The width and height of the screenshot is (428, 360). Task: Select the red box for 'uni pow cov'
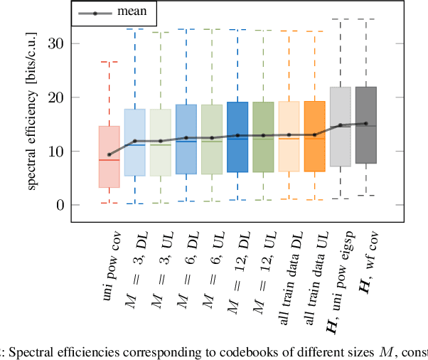click(x=109, y=157)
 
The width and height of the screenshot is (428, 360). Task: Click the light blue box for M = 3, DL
click(x=135, y=142)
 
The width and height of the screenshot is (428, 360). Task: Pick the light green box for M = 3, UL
click(x=161, y=142)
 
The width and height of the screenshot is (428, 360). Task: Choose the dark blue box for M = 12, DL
click(x=237, y=137)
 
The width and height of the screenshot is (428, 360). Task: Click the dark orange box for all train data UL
click(x=314, y=136)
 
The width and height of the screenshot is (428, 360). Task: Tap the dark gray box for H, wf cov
click(x=366, y=125)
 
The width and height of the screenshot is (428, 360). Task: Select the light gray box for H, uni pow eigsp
click(x=340, y=127)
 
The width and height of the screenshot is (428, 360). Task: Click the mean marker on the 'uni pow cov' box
click(x=109, y=154)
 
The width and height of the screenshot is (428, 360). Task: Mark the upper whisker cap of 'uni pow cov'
click(x=109, y=62)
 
